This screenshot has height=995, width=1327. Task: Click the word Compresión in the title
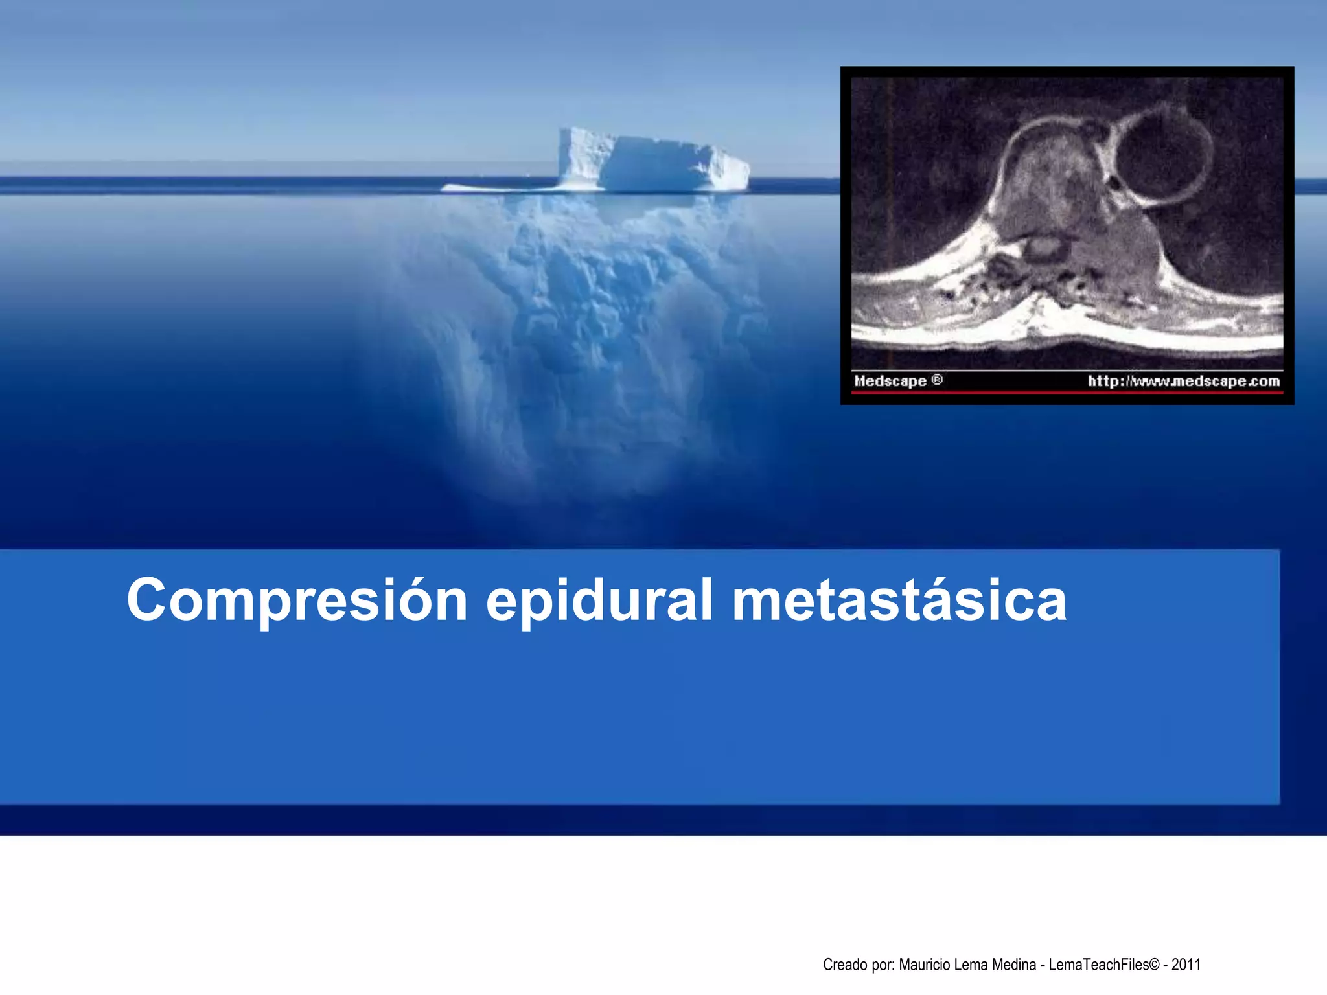tap(297, 600)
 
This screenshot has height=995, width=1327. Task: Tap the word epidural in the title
tap(599, 600)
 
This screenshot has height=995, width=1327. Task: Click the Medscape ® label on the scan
tap(897, 381)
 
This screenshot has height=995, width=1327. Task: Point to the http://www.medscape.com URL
tap(1183, 381)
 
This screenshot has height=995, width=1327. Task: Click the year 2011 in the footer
tap(1186, 965)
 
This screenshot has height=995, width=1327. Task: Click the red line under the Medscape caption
tap(1067, 393)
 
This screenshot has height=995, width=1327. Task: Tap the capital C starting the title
tap(148, 600)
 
